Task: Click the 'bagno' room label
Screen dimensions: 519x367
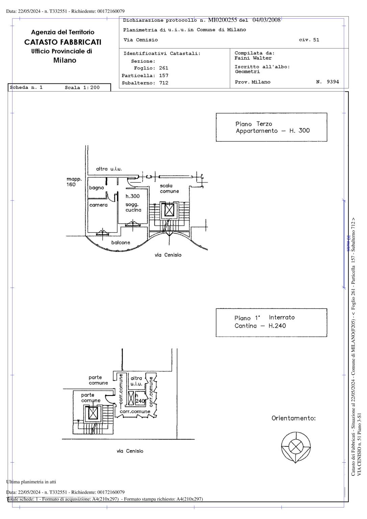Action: (x=96, y=188)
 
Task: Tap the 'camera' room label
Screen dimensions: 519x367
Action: (x=98, y=205)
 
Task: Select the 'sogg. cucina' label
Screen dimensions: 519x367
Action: (x=133, y=207)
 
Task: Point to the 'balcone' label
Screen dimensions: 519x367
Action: (x=121, y=243)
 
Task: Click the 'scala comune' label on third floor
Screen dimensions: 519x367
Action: (x=169, y=189)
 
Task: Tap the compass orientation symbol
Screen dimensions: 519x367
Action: (x=296, y=447)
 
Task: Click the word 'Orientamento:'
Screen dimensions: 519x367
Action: (x=293, y=418)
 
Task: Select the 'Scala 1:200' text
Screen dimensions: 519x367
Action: (x=82, y=88)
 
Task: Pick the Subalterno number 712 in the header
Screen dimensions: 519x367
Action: (x=164, y=83)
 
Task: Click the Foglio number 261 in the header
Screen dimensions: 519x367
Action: (x=164, y=68)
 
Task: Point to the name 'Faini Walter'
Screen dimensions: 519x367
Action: (x=253, y=58)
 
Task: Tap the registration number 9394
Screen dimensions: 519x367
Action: (x=333, y=82)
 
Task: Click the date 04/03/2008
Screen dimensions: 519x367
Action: (x=266, y=20)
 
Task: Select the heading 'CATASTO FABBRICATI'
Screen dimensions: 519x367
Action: (x=63, y=42)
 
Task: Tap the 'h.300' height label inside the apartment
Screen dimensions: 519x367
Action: (x=132, y=196)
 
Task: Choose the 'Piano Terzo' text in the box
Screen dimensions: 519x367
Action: (x=254, y=124)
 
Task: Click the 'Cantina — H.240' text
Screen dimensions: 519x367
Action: (x=260, y=326)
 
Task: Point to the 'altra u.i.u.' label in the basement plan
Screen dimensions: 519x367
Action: (x=136, y=381)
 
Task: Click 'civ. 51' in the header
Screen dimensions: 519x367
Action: (x=309, y=40)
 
